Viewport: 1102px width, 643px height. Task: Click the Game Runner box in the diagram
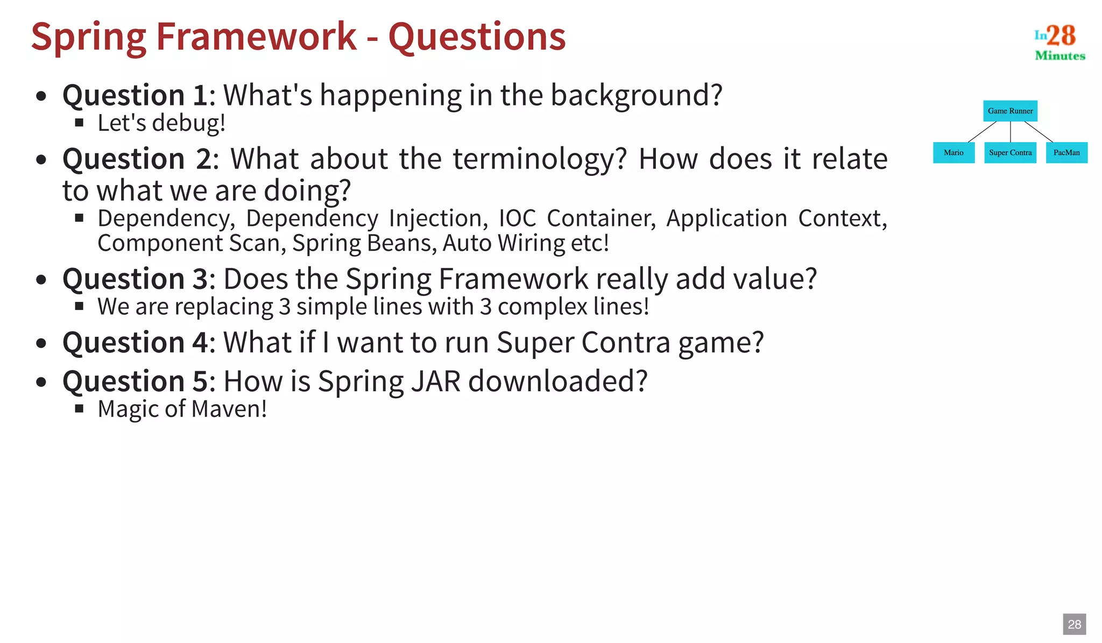pos(1010,111)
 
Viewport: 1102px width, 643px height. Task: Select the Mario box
pos(953,153)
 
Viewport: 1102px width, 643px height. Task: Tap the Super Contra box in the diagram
pos(1010,153)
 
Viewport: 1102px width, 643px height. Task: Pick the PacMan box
pos(1066,153)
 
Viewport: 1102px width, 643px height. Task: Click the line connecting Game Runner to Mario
pos(983,132)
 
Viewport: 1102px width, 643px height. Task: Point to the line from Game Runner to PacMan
pos(1039,132)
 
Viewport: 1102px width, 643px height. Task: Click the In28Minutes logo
pos(1059,42)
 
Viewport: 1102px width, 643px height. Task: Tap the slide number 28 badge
pos(1074,624)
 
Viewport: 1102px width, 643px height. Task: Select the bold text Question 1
pos(135,95)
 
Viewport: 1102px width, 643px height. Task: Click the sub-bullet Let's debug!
pos(161,123)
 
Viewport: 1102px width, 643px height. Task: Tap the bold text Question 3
pos(135,279)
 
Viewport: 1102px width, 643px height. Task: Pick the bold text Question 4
pos(135,343)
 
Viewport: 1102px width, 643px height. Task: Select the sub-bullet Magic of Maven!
pos(182,409)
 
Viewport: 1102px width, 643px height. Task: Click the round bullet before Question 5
pos(41,383)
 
